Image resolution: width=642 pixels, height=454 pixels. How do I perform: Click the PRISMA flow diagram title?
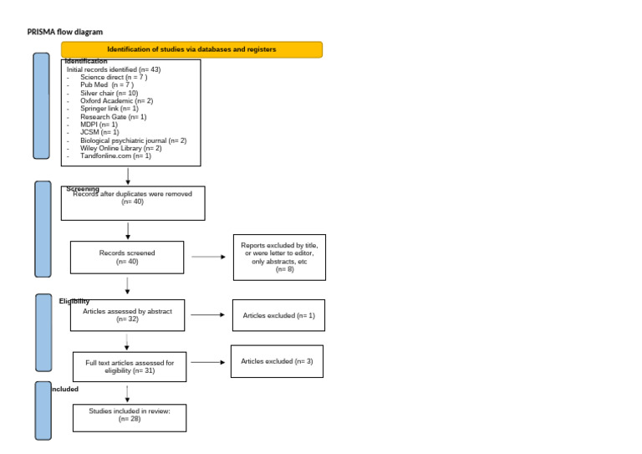point(65,32)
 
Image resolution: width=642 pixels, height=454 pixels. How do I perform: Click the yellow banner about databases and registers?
point(191,49)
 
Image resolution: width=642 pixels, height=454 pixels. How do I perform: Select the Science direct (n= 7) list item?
point(114,77)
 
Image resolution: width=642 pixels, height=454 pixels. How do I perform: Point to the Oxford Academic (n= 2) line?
point(116,100)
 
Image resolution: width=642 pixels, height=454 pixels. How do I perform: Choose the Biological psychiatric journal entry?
point(133,140)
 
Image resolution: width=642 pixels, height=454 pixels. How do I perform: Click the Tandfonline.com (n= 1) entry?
point(115,156)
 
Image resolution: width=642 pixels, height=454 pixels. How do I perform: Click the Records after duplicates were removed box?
point(132,202)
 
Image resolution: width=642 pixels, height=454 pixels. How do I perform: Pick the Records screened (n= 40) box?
point(126,257)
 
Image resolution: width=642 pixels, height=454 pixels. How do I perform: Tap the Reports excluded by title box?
point(279,257)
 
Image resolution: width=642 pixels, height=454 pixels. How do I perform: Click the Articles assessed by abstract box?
point(127,315)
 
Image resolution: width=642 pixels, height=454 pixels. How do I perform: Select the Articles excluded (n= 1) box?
point(278,315)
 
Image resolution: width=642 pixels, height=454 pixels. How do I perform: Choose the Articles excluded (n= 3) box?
point(277,361)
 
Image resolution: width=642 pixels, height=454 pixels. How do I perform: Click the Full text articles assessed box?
point(130,366)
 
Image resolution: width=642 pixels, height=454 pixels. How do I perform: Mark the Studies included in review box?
point(129,417)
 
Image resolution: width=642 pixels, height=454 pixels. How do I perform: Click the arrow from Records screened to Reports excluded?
point(208,257)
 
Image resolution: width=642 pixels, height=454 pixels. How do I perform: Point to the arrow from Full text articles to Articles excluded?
point(208,362)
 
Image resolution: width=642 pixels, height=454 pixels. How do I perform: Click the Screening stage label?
point(83,189)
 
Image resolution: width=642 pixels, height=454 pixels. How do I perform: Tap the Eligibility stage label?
point(74,301)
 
